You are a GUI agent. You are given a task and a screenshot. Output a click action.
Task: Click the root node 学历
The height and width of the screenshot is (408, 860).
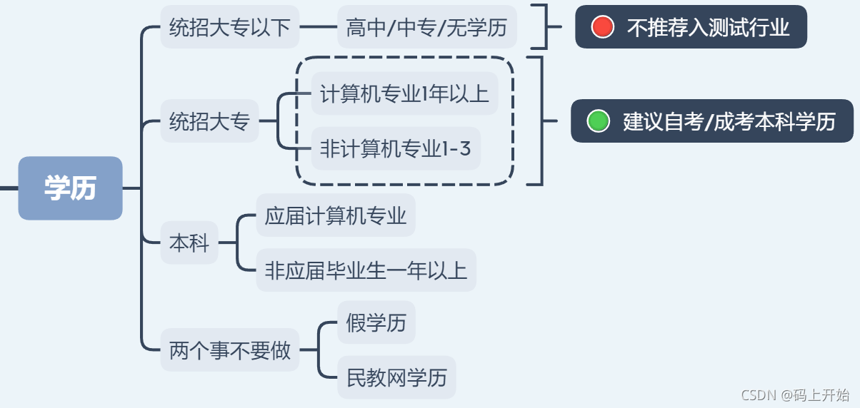70,188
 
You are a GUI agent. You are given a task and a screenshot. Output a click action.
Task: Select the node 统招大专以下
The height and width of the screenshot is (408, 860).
229,27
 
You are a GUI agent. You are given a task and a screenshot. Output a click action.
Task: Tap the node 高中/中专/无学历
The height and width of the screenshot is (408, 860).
426,27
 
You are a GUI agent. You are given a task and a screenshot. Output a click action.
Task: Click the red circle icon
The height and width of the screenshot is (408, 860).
602,27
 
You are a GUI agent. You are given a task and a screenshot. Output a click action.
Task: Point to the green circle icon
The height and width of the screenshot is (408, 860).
598,121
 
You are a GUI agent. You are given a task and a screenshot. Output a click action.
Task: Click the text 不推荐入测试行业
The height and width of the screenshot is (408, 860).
708,27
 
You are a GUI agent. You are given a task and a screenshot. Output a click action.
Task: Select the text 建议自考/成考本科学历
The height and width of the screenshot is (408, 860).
729,121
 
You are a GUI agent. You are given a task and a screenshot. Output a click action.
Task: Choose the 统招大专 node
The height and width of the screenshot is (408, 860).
209,121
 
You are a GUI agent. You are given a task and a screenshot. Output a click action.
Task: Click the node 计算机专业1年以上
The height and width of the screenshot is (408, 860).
404,93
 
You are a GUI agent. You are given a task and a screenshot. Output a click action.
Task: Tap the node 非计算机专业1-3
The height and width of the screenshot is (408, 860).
396,148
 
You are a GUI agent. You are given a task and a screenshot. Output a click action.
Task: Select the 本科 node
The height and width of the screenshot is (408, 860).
189,243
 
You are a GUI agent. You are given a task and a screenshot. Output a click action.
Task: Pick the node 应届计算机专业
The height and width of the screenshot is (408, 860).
336,215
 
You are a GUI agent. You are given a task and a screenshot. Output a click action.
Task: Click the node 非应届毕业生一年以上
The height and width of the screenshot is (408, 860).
366,270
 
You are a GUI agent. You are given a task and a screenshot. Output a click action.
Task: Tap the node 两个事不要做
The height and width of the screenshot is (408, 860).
229,350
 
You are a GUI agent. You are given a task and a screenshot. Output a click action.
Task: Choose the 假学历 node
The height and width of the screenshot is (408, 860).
376,322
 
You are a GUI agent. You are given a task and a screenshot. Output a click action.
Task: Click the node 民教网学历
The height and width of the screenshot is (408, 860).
396,377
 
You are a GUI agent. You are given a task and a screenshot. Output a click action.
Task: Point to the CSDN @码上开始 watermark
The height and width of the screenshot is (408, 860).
795,395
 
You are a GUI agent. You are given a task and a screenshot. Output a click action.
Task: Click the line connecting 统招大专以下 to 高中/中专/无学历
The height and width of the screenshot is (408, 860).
318,27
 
